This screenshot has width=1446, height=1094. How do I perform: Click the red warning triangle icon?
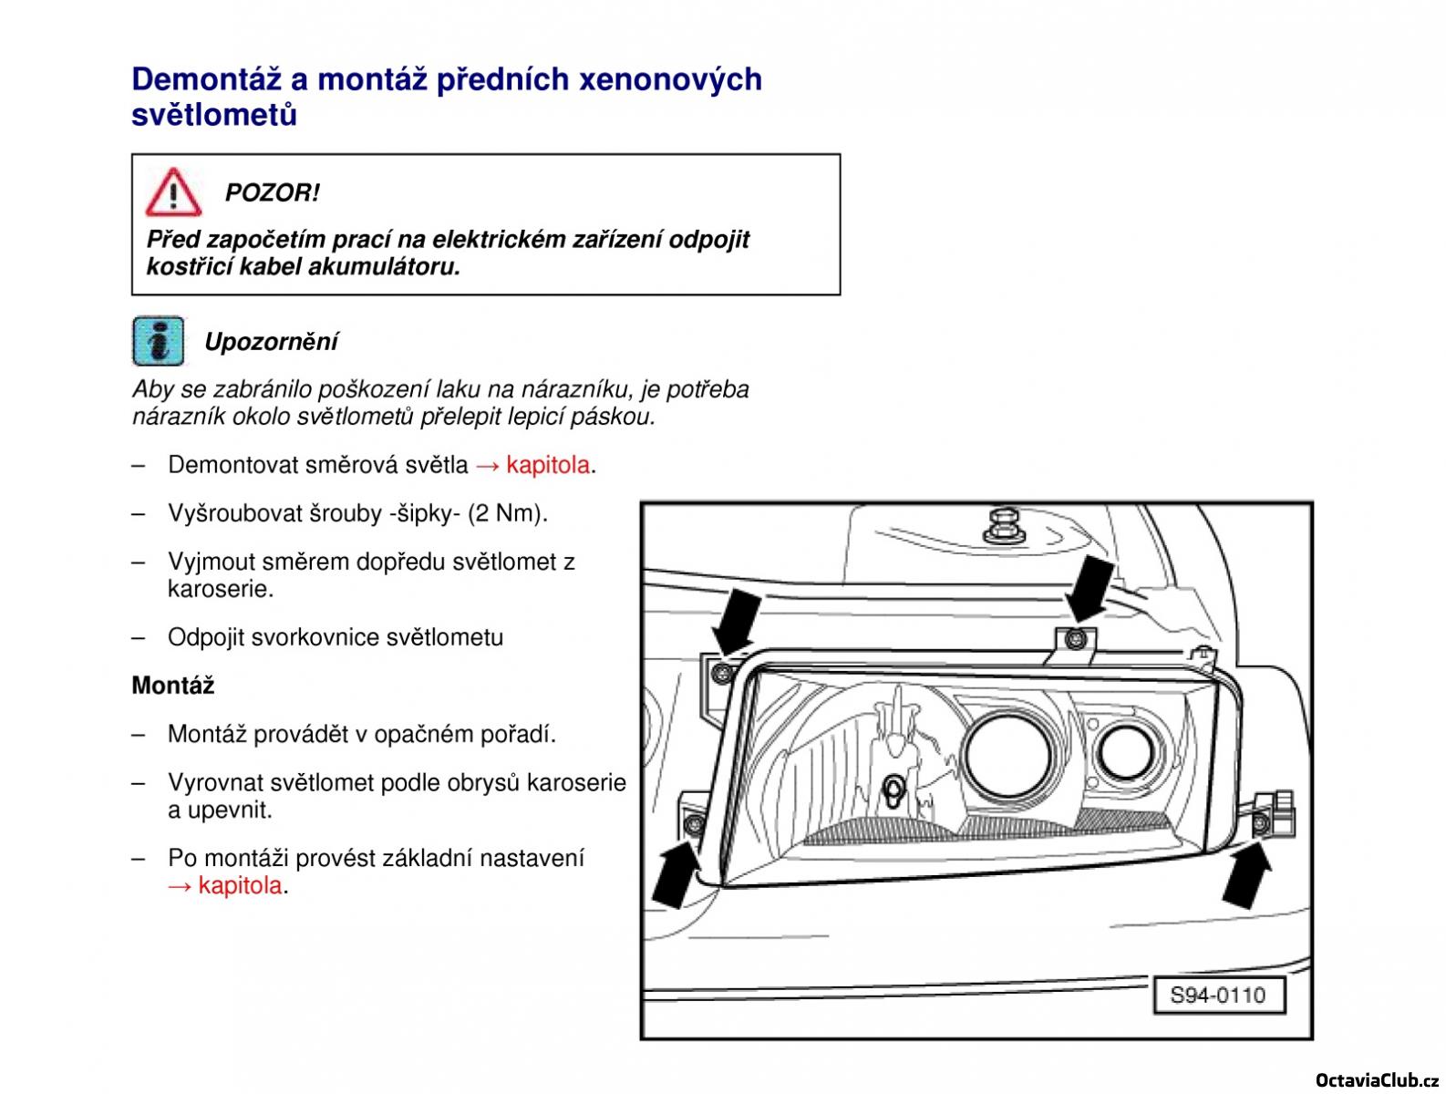coord(173,192)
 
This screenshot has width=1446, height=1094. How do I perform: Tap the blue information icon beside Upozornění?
coord(158,341)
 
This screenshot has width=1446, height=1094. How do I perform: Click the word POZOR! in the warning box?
coord(272,193)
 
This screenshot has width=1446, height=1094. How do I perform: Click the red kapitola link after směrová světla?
coord(548,465)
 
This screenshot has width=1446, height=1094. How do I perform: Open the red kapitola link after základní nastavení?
coord(240,885)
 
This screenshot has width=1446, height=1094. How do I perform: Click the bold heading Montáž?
coord(173,686)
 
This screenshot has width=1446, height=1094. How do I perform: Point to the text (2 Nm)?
coord(507,513)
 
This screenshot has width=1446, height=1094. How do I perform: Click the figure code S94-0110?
coord(1217,995)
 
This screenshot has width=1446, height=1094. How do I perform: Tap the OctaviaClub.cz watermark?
coord(1377,1079)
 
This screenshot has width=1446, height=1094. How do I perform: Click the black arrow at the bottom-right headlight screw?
coord(1247,875)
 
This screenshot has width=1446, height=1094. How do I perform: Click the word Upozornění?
coord(271,342)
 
